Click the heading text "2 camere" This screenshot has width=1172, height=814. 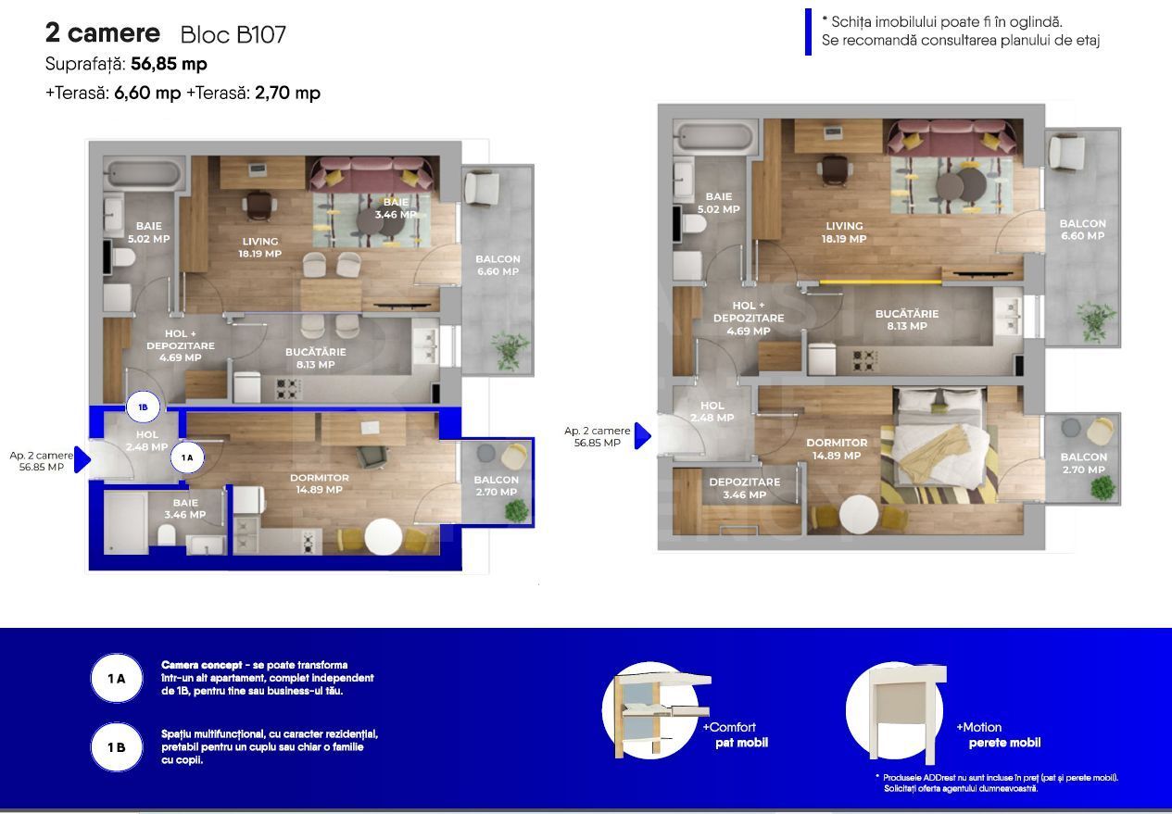click(x=103, y=33)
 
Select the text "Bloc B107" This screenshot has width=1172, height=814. click(x=233, y=35)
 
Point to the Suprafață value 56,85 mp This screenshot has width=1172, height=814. click(x=169, y=64)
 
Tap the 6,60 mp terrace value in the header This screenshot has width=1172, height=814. click(x=147, y=93)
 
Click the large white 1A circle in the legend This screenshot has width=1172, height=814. click(x=117, y=679)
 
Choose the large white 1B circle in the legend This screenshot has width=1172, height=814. click(x=117, y=746)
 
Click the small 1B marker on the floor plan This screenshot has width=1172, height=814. click(x=144, y=407)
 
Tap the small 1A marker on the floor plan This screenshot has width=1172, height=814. click(x=187, y=457)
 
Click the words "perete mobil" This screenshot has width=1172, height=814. click(x=1004, y=743)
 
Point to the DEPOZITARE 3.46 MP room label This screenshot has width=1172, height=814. click(x=745, y=488)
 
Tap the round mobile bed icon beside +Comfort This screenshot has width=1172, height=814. click(x=653, y=709)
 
